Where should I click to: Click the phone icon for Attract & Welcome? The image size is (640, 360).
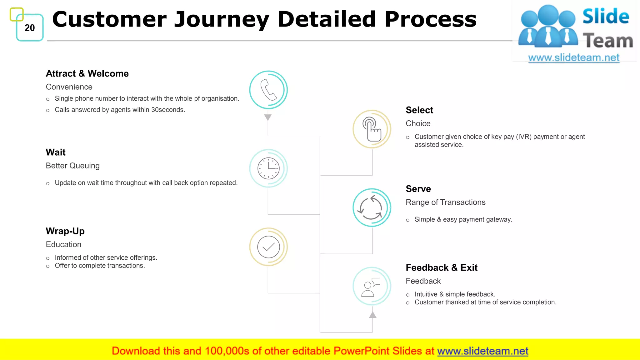point(268,90)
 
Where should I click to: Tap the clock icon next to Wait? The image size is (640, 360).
point(268,168)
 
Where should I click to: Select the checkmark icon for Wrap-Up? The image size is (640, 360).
point(268,247)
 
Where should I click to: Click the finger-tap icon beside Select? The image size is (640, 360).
point(372,129)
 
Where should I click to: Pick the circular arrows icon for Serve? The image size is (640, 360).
point(372,208)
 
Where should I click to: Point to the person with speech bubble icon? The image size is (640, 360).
point(372,286)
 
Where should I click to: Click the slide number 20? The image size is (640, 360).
point(30,28)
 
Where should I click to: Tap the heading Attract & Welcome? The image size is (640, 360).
point(87,73)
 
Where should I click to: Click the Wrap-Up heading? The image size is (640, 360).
point(65,231)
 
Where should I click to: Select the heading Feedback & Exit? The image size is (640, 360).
point(441,267)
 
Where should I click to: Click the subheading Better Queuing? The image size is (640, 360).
point(72,166)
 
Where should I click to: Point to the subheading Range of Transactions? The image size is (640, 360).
point(445,202)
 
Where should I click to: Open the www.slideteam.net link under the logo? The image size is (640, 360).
point(573,57)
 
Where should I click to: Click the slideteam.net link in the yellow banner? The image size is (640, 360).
point(482,351)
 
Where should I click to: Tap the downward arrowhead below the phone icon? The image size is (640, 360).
point(268,117)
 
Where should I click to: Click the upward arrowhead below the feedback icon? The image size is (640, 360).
point(372,315)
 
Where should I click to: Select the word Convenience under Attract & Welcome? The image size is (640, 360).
point(69,87)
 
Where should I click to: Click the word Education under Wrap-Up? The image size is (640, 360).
point(63,244)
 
